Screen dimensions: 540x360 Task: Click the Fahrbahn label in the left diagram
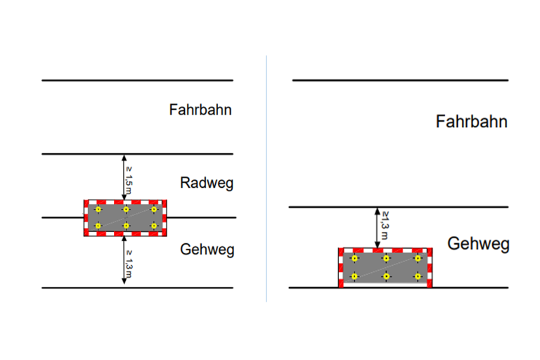(x=200, y=110)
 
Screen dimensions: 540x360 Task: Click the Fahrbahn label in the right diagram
(x=472, y=122)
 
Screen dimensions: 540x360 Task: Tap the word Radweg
(x=207, y=184)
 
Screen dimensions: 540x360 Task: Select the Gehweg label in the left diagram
(x=207, y=250)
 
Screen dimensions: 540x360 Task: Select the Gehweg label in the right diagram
(x=478, y=244)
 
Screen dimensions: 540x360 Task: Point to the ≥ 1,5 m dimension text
(x=129, y=181)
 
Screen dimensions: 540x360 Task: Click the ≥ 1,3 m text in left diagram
(x=129, y=264)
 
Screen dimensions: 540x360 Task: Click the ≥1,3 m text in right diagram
(x=385, y=225)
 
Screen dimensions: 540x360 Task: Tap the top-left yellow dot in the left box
(x=98, y=210)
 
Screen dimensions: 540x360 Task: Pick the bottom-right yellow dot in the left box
(x=154, y=226)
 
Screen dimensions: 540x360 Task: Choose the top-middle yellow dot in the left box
(x=126, y=210)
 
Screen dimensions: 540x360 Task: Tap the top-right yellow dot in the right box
(x=418, y=258)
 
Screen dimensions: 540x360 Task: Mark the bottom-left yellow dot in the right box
(x=354, y=276)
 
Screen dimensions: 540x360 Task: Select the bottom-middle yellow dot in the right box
(x=386, y=276)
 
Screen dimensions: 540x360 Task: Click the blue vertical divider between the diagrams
(x=266, y=179)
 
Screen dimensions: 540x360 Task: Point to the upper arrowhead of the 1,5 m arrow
(x=124, y=157)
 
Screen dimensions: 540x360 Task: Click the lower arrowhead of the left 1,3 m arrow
(x=124, y=281)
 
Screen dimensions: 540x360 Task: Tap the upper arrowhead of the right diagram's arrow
(x=378, y=211)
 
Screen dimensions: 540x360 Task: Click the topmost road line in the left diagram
(x=137, y=80)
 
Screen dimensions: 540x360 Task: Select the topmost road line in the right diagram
(x=401, y=80)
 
